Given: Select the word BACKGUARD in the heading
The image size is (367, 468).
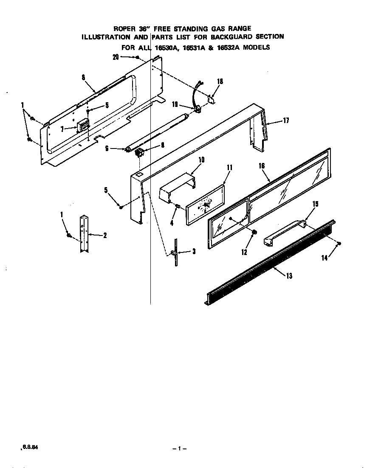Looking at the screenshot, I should (237, 37).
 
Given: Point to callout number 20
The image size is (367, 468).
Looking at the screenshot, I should (116, 57).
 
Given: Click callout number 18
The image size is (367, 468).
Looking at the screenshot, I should (220, 81).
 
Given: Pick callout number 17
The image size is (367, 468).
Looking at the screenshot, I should (285, 121).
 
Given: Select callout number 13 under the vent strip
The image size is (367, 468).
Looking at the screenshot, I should (289, 276).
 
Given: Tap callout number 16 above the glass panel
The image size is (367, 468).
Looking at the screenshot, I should (262, 166).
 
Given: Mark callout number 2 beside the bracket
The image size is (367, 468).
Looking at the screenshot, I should (104, 235).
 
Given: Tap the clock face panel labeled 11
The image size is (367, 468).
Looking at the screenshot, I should (206, 205).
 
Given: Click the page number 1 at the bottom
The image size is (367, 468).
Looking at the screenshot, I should (180, 449).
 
